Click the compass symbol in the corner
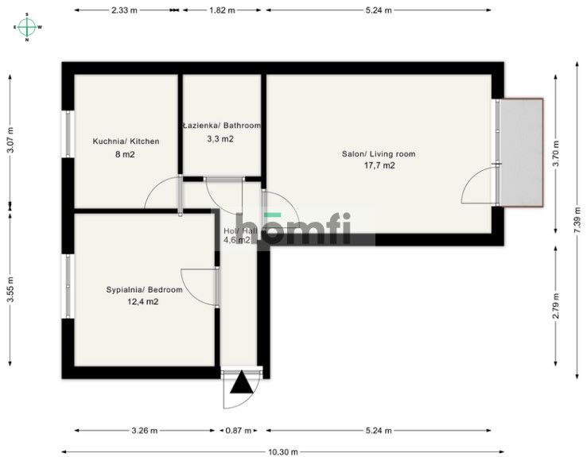pos(28,26)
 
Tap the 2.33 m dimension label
pos(122,10)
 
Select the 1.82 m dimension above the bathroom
pos(222,10)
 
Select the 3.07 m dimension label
pos(10,139)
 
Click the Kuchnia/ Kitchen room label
pos(126,141)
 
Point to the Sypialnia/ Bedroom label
pos(144,290)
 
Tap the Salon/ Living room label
pos(379,154)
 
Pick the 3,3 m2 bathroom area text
pos(220,138)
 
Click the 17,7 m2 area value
pos(379,166)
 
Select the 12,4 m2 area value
pos(143,302)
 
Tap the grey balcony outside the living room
pos(521,152)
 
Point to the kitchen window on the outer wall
pos(68,141)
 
